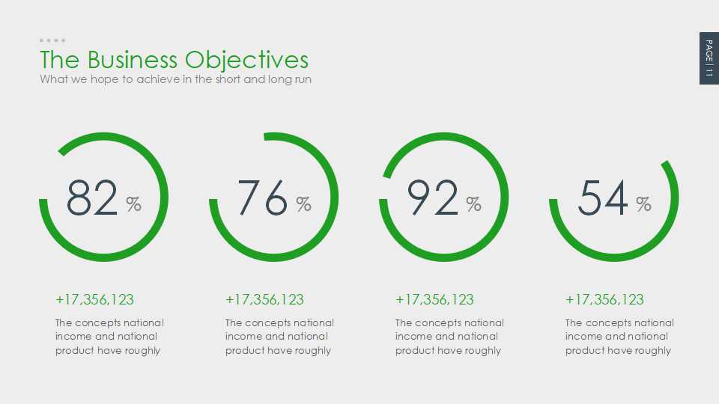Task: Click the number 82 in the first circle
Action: [x=92, y=198]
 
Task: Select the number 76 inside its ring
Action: [x=263, y=198]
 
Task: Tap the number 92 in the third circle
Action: [x=433, y=198]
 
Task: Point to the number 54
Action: [x=603, y=198]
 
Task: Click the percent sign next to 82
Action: [x=133, y=203]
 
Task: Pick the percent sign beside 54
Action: [x=643, y=203]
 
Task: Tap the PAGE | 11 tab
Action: [x=709, y=58]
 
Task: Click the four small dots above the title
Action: [x=52, y=40]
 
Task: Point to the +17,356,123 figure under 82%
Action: [x=94, y=299]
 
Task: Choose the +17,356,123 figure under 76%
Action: [x=264, y=299]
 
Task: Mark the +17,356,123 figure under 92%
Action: [x=434, y=299]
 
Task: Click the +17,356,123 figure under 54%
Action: [x=604, y=299]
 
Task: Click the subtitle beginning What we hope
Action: [x=175, y=79]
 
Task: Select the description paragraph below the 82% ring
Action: [x=109, y=337]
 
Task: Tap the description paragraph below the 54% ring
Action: [x=619, y=337]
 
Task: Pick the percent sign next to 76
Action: [x=303, y=203]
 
